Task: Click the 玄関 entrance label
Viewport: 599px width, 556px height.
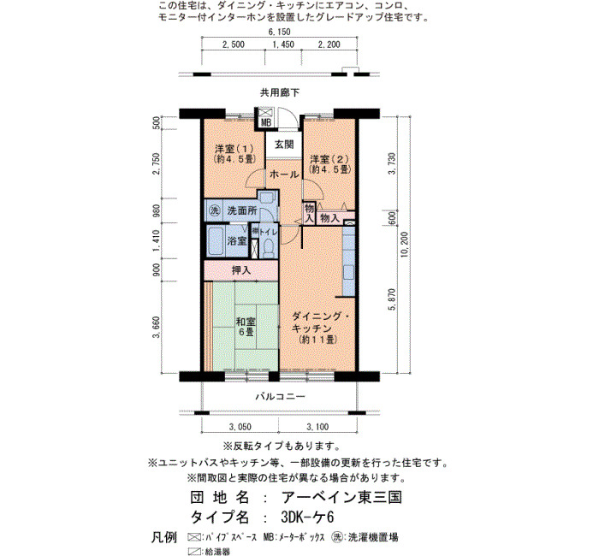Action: click(x=284, y=145)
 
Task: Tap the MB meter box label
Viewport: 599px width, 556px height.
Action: click(x=266, y=122)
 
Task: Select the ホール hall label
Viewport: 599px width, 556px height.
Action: click(x=284, y=174)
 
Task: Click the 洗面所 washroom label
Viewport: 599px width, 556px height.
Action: click(x=242, y=210)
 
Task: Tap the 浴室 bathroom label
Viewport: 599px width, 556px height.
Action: click(x=237, y=241)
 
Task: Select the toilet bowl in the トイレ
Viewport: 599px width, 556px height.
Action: click(x=270, y=247)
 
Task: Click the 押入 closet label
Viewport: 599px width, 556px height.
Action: click(x=241, y=270)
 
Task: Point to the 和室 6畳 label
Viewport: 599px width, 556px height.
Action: click(x=246, y=327)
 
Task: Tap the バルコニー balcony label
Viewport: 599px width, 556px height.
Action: click(x=280, y=396)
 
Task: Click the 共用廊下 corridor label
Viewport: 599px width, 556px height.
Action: click(x=280, y=92)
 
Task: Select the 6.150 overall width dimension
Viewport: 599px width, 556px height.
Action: click(x=279, y=33)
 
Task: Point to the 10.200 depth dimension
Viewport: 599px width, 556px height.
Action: click(x=405, y=245)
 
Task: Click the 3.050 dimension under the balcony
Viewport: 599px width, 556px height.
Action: click(x=240, y=427)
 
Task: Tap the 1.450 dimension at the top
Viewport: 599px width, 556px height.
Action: click(x=283, y=44)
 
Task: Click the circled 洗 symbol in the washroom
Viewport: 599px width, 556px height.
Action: click(x=215, y=210)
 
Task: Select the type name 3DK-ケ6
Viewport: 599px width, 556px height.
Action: click(x=307, y=517)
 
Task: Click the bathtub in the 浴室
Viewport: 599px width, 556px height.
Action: click(x=216, y=241)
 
